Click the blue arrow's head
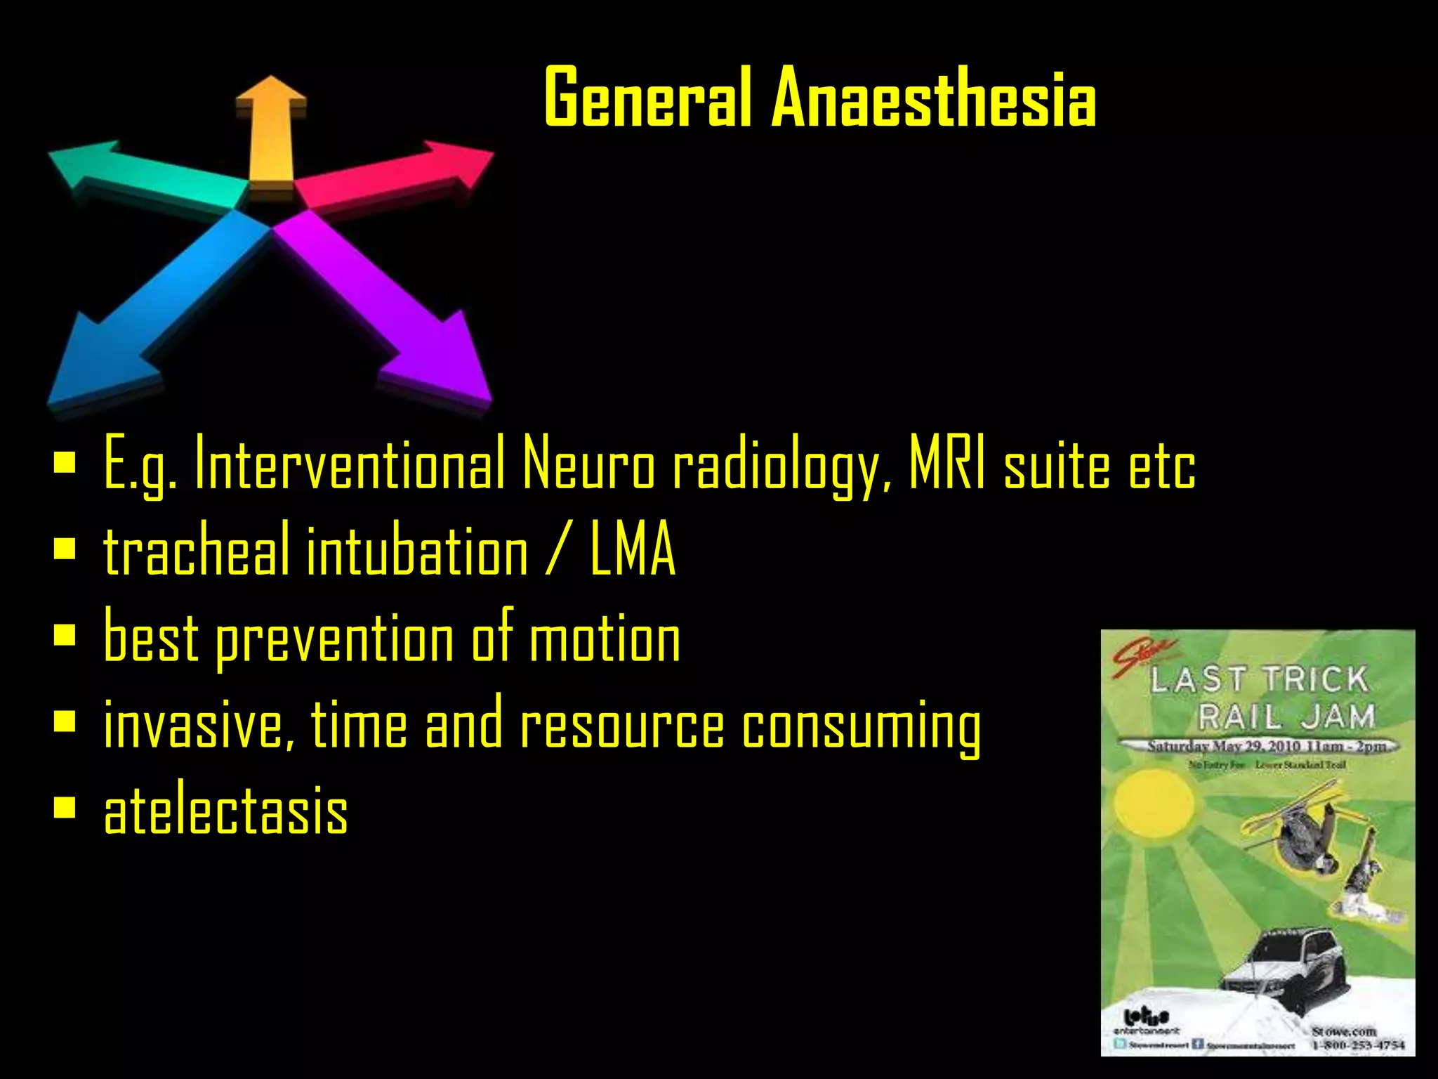click(x=98, y=365)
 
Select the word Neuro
click(x=588, y=464)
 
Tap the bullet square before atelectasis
click(x=65, y=808)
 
